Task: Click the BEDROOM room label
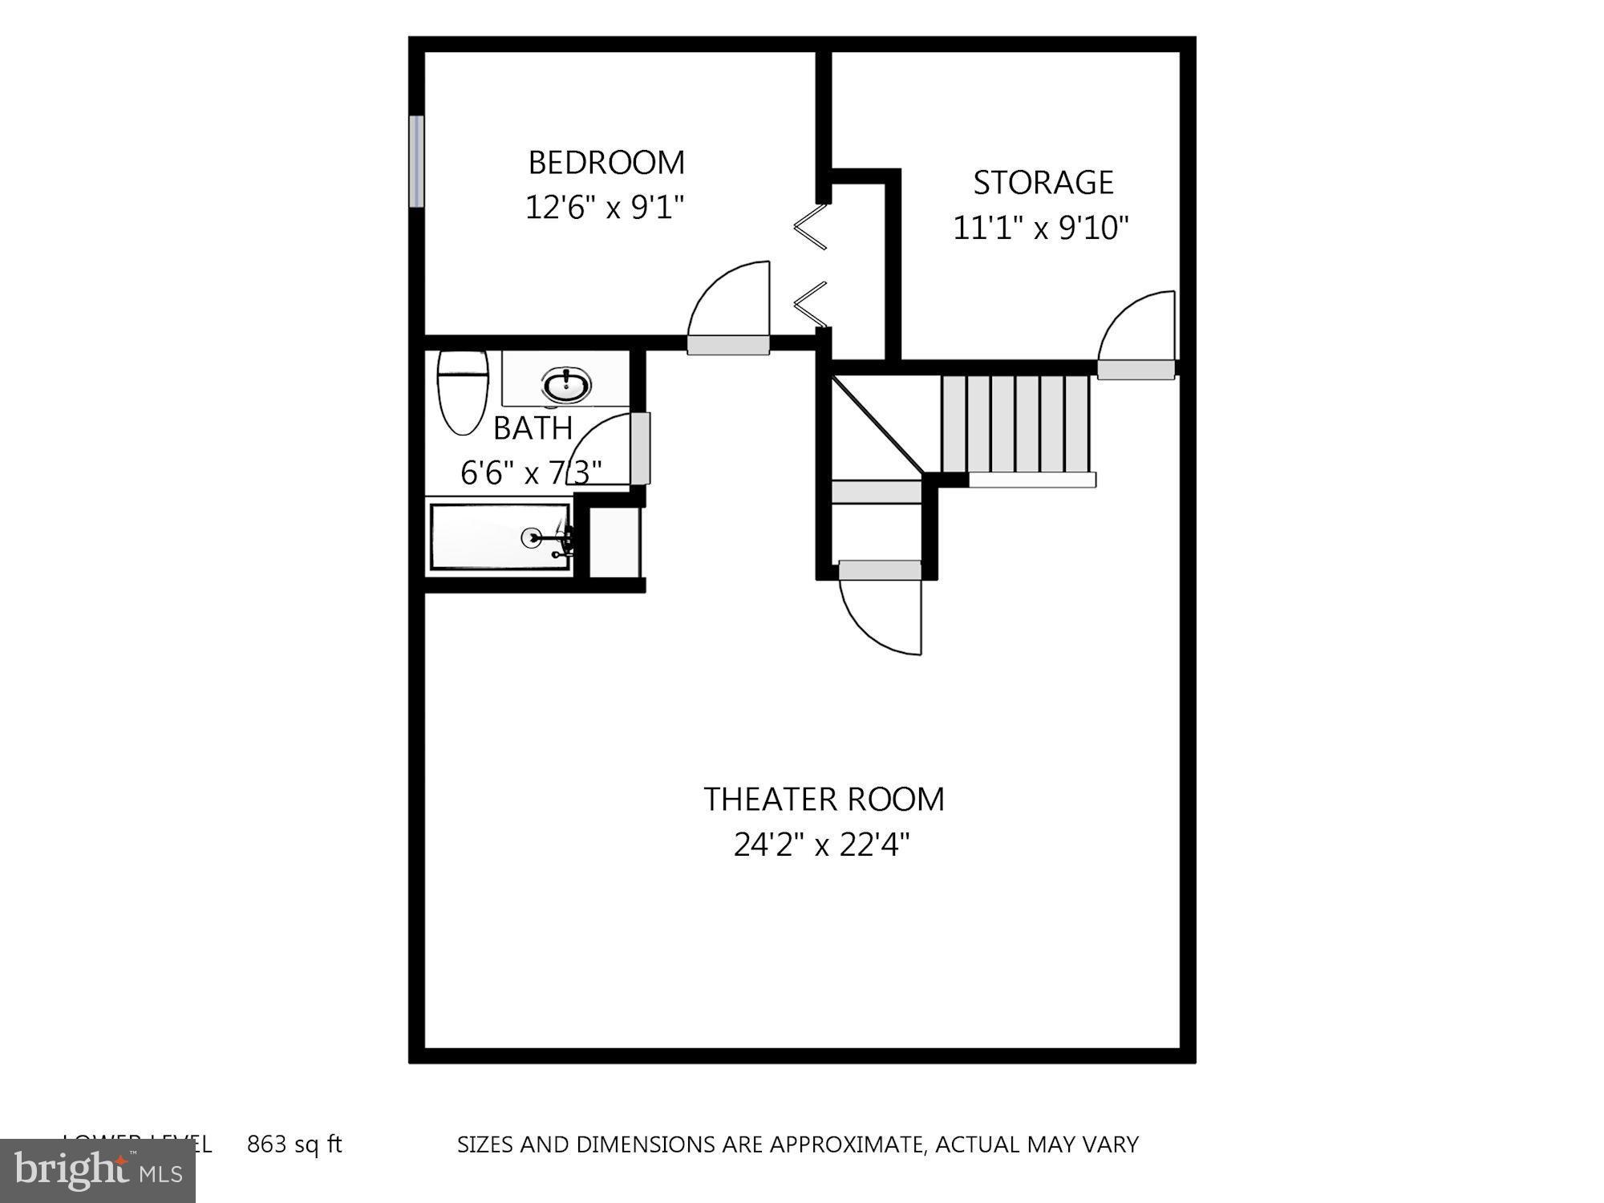coord(606,163)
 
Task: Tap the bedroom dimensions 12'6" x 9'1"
coord(605,208)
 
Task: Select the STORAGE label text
coord(1043,183)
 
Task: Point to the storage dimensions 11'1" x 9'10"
coord(1040,229)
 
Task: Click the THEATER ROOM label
coord(824,800)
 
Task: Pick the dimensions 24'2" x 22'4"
coord(821,845)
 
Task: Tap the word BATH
coord(533,428)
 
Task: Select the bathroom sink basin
coord(567,385)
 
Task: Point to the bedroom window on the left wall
coord(416,161)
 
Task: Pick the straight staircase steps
coord(1015,424)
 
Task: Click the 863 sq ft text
coord(294,1144)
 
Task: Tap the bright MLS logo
coord(98,1172)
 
